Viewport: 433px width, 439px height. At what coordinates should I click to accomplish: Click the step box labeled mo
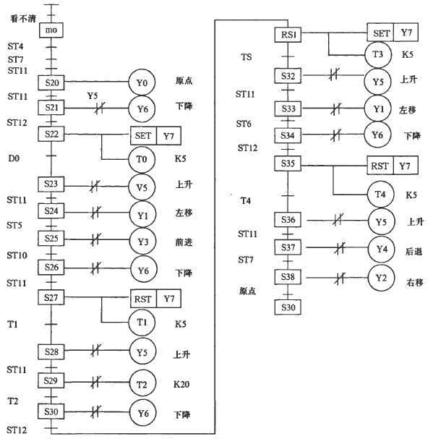[x=51, y=30]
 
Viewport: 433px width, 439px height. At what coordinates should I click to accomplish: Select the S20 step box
[x=51, y=82]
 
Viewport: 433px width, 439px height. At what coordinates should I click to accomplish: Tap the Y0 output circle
[x=142, y=82]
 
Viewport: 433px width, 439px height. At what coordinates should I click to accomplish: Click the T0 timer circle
[x=142, y=159]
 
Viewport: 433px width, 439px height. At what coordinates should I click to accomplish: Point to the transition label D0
[x=14, y=158]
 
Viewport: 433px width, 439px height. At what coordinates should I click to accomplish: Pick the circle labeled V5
[x=142, y=187]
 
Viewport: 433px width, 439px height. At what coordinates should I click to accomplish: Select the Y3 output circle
[x=143, y=242]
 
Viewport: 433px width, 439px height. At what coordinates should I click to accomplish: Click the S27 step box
[x=51, y=297]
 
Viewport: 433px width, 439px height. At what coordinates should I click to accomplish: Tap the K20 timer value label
[x=181, y=384]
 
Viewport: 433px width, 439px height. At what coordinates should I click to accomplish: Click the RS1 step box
[x=288, y=35]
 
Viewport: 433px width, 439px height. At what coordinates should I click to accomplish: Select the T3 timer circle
[x=378, y=54]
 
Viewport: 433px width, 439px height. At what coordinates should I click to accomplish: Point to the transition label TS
[x=246, y=57]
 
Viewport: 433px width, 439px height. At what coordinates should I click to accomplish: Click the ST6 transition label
[x=244, y=124]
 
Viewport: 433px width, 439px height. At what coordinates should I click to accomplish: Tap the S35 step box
[x=288, y=163]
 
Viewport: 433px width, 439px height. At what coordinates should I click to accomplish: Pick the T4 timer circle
[x=381, y=195]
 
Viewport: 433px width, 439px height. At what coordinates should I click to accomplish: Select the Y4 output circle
[x=382, y=249]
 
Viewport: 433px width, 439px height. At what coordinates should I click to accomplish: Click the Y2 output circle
[x=381, y=278]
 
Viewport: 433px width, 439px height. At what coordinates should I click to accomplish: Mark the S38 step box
[x=288, y=277]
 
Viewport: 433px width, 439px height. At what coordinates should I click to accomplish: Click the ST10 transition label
[x=17, y=255]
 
